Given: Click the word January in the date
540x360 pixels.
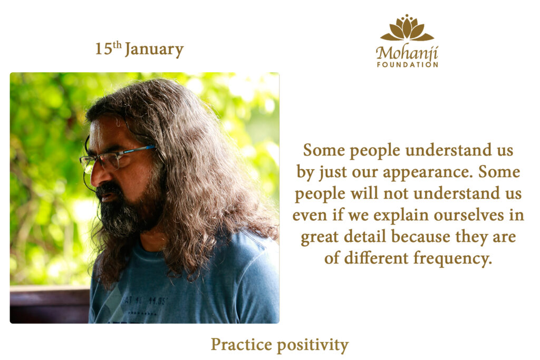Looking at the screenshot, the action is (154, 50).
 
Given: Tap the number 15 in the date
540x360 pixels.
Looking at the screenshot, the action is (104, 49).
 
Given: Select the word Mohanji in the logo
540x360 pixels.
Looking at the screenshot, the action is (407, 53).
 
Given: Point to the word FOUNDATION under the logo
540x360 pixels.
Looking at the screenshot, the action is (408, 64).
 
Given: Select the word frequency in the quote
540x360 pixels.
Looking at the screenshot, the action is (452, 259).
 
